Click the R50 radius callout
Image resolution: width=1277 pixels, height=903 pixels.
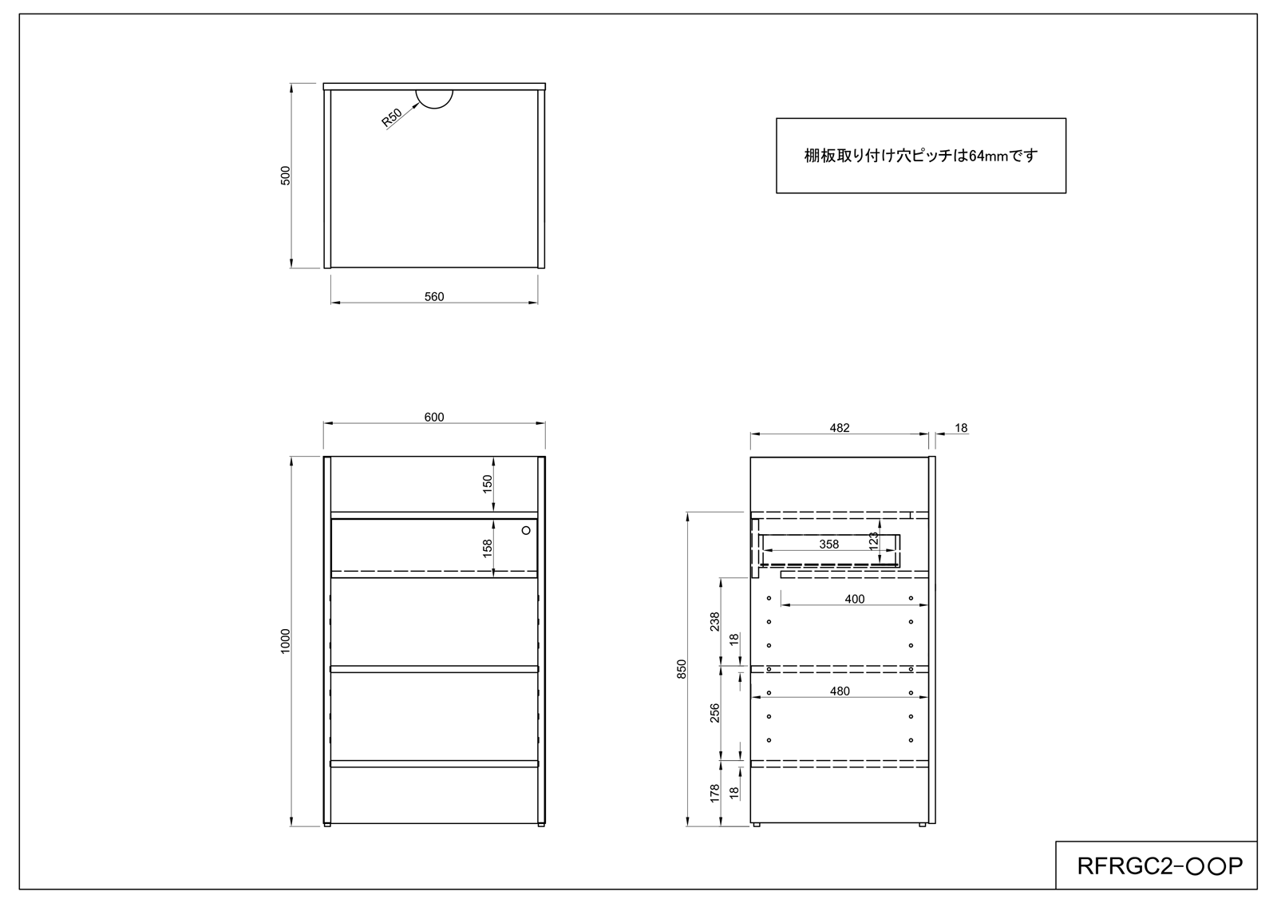pyautogui.click(x=392, y=117)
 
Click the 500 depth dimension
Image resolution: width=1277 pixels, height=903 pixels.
pyautogui.click(x=286, y=176)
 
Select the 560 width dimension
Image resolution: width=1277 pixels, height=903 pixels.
pyautogui.click(x=434, y=297)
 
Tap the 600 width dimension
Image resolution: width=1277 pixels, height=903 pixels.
pyautogui.click(x=434, y=417)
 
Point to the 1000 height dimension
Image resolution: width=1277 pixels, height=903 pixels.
pyautogui.click(x=286, y=641)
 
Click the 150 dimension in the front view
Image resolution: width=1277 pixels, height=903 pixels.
pyautogui.click(x=488, y=484)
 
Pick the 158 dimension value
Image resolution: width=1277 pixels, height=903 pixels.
pyautogui.click(x=488, y=549)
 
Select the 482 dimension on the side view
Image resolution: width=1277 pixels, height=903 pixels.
pyautogui.click(x=840, y=428)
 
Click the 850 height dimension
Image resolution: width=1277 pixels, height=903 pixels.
pyautogui.click(x=682, y=669)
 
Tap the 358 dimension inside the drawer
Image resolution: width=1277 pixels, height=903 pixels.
pyautogui.click(x=829, y=545)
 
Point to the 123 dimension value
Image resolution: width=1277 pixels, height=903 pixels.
pyautogui.click(x=873, y=541)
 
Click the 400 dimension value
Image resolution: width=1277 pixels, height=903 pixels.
pyautogui.click(x=855, y=599)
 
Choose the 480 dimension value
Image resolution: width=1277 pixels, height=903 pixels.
pyautogui.click(x=840, y=691)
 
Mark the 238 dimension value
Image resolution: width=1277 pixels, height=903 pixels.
pyautogui.click(x=715, y=621)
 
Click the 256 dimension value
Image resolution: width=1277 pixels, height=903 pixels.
pyautogui.click(x=715, y=713)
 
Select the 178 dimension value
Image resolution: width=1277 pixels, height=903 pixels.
pyautogui.click(x=715, y=794)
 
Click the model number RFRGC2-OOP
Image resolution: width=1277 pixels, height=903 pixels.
pyautogui.click(x=1160, y=866)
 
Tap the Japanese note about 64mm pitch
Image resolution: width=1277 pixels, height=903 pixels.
pyautogui.click(x=921, y=155)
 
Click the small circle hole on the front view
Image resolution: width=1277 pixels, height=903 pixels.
pyautogui.click(x=526, y=530)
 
